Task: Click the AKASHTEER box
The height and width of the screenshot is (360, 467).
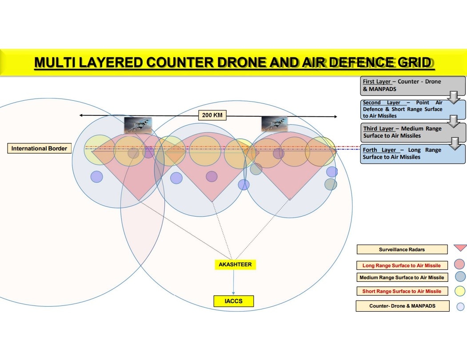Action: coord(235,265)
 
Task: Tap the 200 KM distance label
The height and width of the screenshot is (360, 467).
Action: coord(212,115)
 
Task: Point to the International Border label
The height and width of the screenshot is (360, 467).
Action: coord(39,148)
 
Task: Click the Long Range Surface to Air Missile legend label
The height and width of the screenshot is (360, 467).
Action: coord(402,265)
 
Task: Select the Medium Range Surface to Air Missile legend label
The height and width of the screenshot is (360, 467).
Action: coord(402,277)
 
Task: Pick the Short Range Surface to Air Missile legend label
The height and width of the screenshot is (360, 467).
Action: coord(402,291)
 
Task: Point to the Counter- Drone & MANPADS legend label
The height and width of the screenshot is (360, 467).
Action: coord(402,306)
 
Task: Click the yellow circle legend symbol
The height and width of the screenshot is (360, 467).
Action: coord(460,291)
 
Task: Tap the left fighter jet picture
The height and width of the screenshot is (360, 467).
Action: coord(138,125)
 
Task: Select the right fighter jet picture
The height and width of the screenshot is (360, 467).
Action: coord(274,124)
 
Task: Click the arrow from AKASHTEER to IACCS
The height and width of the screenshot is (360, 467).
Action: coord(234,282)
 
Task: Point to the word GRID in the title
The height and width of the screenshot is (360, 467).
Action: coord(414,63)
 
